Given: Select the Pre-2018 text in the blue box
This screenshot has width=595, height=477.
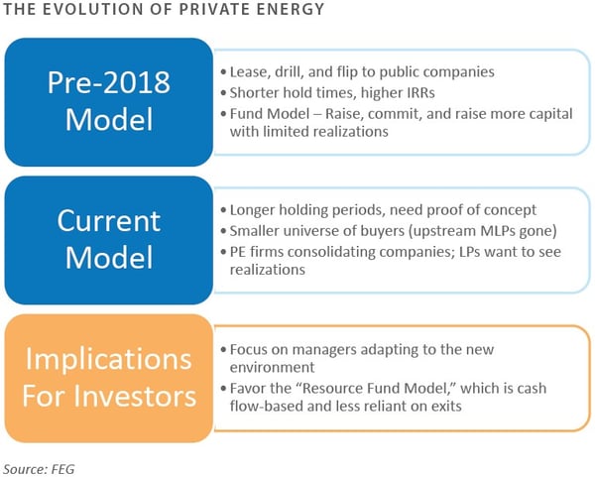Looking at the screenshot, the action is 109,82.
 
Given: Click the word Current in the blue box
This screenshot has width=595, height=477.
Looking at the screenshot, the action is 109,221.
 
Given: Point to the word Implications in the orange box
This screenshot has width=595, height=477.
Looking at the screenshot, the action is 108,360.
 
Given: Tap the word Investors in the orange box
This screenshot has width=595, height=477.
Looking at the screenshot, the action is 135,396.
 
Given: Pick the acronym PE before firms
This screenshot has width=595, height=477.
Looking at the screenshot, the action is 238,252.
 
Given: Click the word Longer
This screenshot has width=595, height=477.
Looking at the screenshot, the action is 252,210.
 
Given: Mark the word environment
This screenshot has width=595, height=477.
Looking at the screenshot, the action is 272,368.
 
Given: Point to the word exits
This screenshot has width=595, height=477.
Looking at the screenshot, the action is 446,407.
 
